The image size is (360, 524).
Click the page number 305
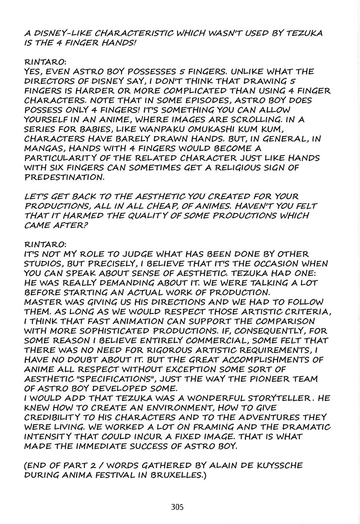pos(177,507)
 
